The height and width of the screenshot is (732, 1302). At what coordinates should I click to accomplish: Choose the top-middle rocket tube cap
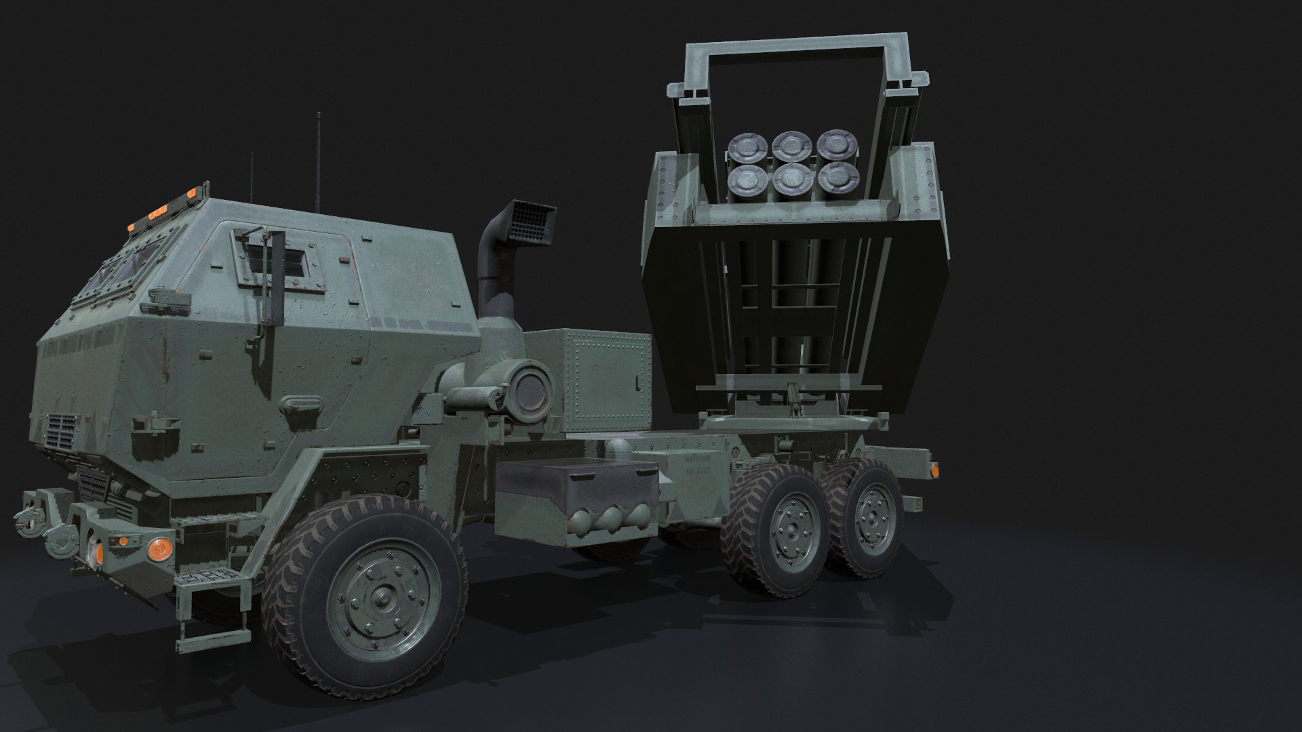pyautogui.click(x=788, y=146)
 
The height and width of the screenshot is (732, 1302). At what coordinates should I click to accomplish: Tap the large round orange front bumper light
pyautogui.click(x=160, y=548)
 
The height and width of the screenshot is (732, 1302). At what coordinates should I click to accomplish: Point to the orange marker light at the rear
pyautogui.click(x=934, y=470)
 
